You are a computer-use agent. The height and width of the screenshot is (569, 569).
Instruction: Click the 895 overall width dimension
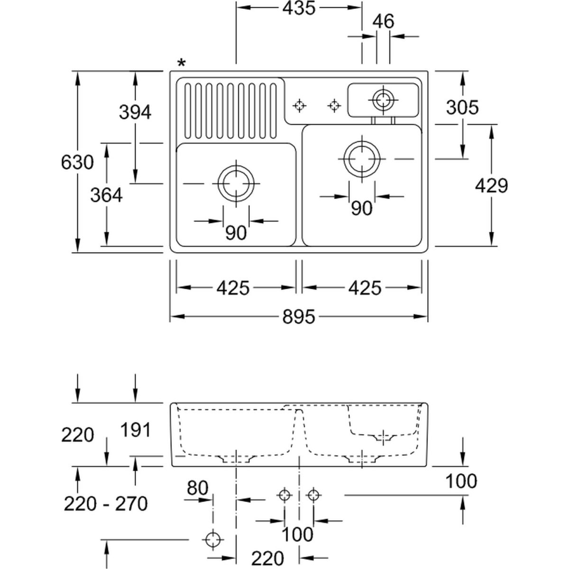pos(299,316)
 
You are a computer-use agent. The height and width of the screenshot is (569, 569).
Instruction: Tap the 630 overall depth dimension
pos(77,163)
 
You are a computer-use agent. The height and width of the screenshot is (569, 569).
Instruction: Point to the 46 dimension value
pos(383,21)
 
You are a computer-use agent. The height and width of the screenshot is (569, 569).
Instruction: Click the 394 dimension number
pos(135,112)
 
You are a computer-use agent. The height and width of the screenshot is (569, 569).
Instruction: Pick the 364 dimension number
pos(107,195)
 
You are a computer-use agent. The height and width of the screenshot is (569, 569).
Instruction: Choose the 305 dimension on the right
pos(462,108)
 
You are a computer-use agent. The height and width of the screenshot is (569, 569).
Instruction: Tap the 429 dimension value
pos(492,185)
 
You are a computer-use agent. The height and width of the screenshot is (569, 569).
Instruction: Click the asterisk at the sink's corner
pos(182,63)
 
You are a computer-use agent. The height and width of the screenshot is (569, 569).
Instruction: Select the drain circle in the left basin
pos(236,184)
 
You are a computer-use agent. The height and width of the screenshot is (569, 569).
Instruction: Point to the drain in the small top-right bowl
pos(383,100)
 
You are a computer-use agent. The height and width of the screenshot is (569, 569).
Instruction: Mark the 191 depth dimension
pos(135,430)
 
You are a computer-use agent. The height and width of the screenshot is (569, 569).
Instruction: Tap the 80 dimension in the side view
pos(197,487)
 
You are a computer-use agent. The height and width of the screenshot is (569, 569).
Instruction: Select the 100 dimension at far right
pos(461,481)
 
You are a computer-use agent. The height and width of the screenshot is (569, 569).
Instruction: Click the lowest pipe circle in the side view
pos(213,539)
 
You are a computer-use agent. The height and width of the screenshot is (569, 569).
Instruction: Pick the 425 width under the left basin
pos(233,287)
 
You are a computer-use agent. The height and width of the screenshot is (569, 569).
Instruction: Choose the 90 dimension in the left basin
pos(236,232)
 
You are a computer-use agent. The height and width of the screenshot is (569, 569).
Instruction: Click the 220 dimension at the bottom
pos(267,558)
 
